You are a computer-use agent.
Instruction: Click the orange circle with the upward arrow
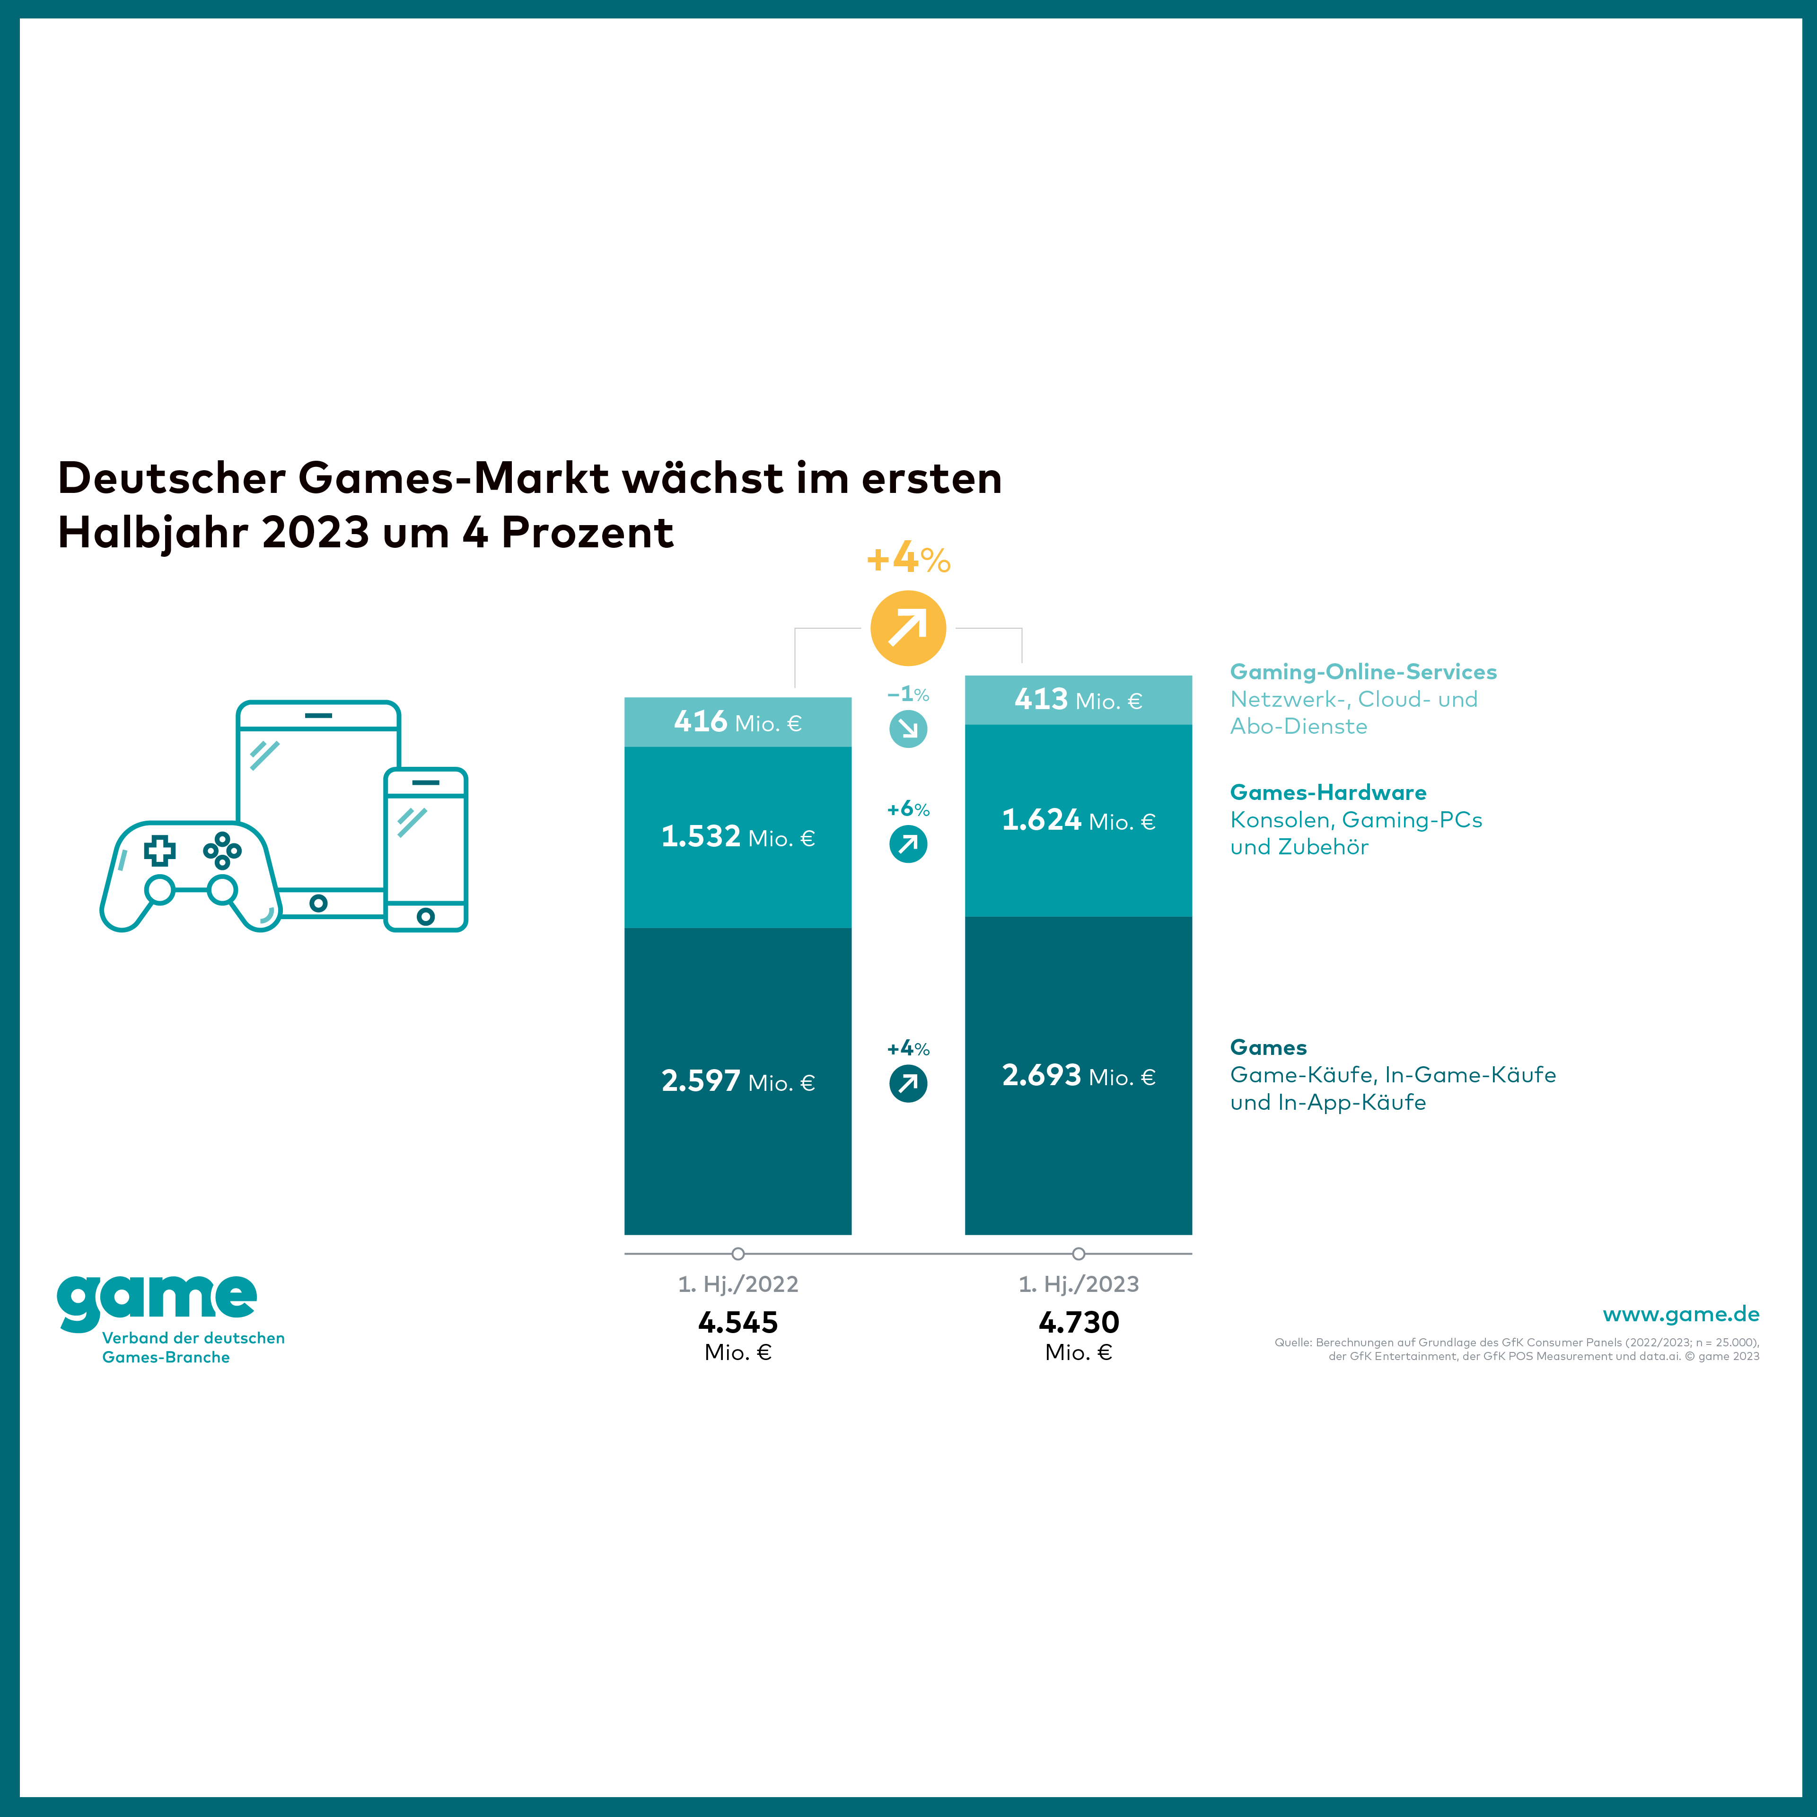pyautogui.click(x=908, y=627)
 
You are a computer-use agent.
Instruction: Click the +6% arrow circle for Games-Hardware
pyautogui.click(x=908, y=843)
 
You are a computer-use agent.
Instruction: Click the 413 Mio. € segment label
pyautogui.click(x=1078, y=700)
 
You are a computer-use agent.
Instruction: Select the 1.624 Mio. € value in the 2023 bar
pyautogui.click(x=1078, y=820)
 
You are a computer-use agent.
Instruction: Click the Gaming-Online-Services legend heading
pyautogui.click(x=1363, y=672)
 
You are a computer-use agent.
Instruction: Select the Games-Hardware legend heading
pyautogui.click(x=1328, y=792)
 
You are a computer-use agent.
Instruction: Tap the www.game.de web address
pyautogui.click(x=1681, y=1314)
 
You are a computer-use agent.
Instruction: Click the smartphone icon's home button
pyautogui.click(x=425, y=916)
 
